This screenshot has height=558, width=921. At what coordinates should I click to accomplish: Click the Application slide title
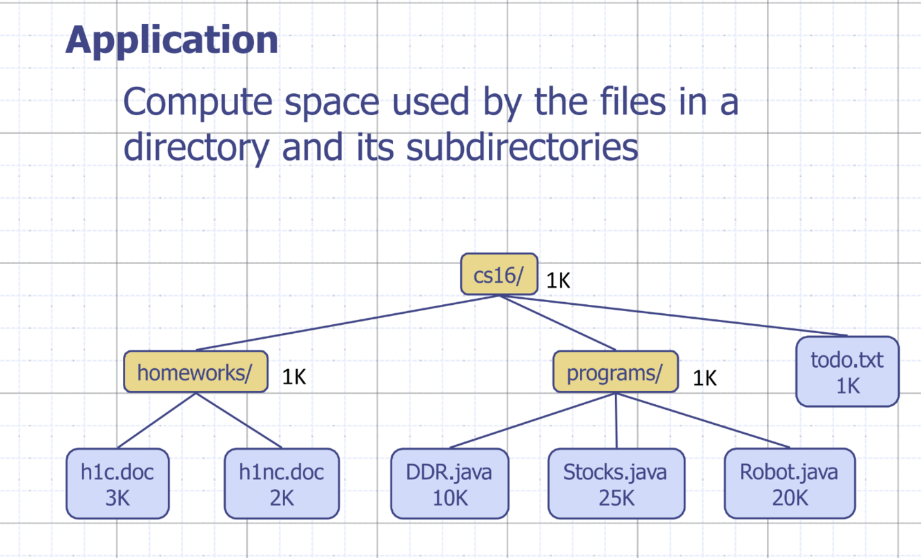pos(172,40)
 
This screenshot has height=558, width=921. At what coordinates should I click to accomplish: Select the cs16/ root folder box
pos(498,275)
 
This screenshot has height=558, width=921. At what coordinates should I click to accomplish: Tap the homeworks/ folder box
pos(195,372)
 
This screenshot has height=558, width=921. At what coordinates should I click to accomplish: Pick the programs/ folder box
pos(615,372)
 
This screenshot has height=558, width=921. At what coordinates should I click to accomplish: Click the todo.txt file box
pos(847,372)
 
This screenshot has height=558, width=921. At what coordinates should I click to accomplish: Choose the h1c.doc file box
pos(117,484)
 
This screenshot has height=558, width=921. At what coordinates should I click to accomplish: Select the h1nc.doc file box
pos(282,484)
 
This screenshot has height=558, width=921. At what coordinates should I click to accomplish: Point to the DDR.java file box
pos(449,484)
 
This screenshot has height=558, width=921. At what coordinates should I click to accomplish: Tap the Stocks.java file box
pos(616,484)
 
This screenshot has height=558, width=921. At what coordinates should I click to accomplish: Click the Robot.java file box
pos(789,484)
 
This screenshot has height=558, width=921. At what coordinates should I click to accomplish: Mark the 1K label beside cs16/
pos(559,280)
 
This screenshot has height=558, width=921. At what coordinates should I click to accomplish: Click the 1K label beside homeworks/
pos(293,377)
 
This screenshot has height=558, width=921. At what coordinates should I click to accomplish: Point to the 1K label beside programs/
pos(705,378)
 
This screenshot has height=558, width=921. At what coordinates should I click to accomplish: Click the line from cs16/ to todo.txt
pos(673,316)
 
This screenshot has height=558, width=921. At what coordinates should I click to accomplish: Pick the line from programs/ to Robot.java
pos(701,421)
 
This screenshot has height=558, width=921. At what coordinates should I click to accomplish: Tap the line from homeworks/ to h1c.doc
pos(157,421)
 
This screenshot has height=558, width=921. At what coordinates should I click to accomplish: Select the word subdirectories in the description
pos(521,148)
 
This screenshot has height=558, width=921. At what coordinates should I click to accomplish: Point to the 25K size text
pos(616,497)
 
